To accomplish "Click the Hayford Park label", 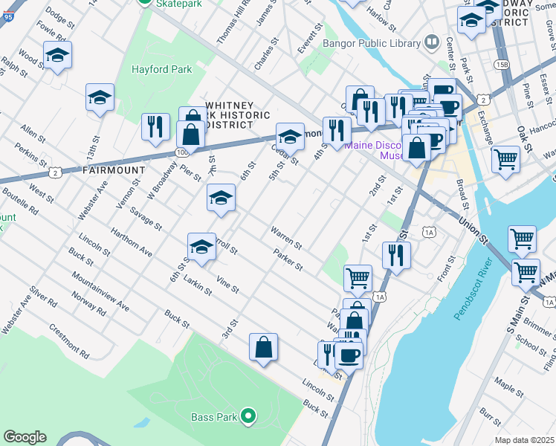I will click(x=161, y=70).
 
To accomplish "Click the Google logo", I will click(x=25, y=437).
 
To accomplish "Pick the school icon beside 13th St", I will click(x=100, y=97).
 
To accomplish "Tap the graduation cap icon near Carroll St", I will click(x=201, y=246).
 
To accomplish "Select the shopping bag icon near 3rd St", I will click(x=263, y=346).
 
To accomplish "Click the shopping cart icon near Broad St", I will click(x=505, y=158).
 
